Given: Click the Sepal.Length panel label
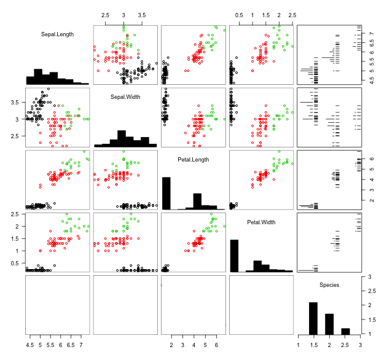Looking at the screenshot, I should pyautogui.click(x=57, y=34).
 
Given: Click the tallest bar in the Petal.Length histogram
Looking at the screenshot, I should pyautogui.click(x=166, y=194).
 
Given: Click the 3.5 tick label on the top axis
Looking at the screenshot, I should pyautogui.click(x=142, y=14).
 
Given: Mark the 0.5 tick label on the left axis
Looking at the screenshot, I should pyautogui.click(x=14, y=263).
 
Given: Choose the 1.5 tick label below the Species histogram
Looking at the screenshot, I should pyautogui.click(x=313, y=345).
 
